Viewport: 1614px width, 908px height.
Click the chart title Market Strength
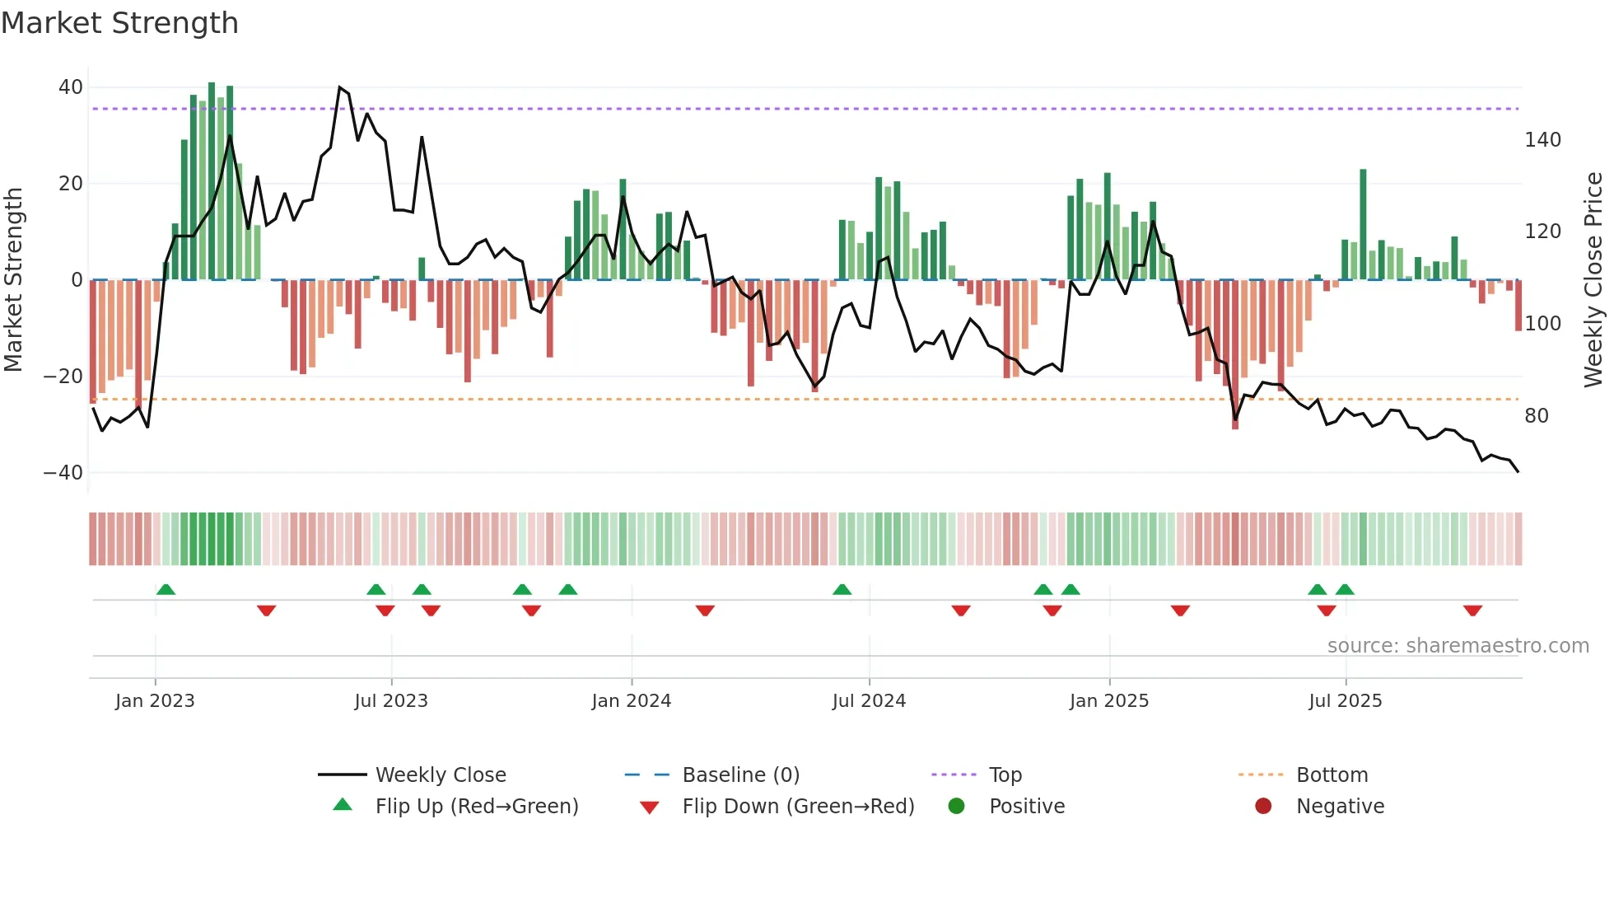119,23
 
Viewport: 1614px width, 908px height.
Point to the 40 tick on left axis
71,87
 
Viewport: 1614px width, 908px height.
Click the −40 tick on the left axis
63,473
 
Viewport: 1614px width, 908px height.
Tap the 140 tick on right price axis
1542,140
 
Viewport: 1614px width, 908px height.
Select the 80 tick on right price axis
1536,416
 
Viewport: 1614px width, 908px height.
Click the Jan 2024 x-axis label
631,701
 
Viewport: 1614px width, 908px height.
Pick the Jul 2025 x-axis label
1345,701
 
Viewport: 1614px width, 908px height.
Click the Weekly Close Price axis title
1593,280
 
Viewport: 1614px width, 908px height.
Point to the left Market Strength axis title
13,280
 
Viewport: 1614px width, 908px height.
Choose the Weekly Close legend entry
441,775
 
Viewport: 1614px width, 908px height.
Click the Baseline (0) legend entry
740,775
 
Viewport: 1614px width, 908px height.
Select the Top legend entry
1005,775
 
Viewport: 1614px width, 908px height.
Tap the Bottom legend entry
1332,775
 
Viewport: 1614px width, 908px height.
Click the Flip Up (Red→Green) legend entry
476,807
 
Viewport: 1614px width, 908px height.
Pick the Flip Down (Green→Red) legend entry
798,807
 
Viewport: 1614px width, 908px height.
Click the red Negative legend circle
1263,806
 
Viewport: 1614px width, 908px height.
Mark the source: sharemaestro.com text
1458,646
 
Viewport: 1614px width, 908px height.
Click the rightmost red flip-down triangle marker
1472,611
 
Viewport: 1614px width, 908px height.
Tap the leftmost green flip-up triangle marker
166,589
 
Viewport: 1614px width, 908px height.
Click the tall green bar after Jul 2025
1363,224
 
